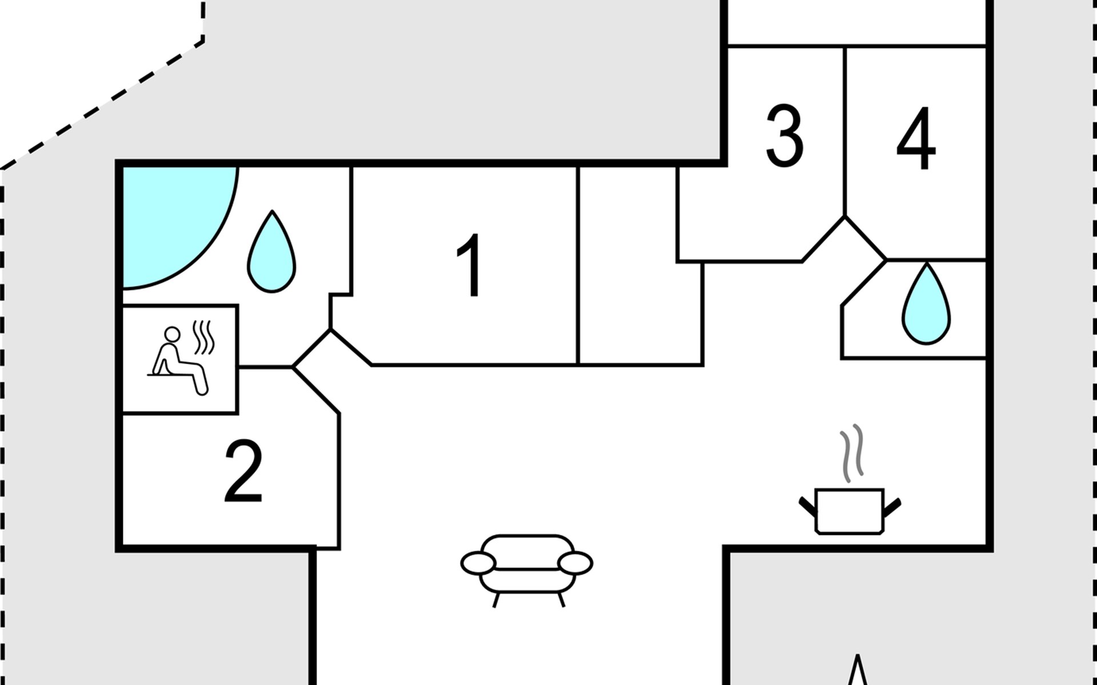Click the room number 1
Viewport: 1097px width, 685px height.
coord(470,265)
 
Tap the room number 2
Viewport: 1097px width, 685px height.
coord(243,472)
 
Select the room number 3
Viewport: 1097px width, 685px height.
coord(784,136)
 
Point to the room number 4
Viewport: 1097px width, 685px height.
coord(916,139)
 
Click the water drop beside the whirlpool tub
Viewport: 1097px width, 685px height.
coord(272,254)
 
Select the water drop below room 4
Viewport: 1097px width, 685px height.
coord(926,306)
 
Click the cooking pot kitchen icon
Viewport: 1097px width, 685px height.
coord(850,510)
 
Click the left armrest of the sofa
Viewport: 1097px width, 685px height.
coord(478,563)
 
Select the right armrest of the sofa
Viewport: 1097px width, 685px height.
coord(575,563)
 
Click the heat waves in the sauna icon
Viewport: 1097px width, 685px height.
coord(204,337)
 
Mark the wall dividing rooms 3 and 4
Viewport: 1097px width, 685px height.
coord(845,131)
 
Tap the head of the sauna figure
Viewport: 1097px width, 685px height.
coord(172,334)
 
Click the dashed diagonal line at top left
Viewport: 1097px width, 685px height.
coord(103,103)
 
